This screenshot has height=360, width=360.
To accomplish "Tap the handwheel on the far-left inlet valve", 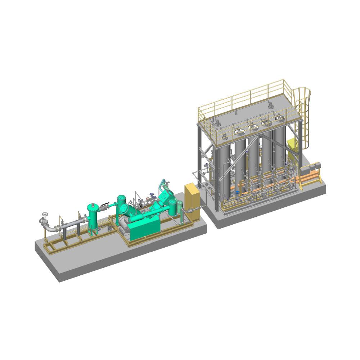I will (x=45, y=215).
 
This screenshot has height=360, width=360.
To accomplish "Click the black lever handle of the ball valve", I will (x=105, y=206).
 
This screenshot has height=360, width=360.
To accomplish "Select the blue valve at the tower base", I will (x=238, y=192).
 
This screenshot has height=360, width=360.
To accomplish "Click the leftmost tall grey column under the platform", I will (x=225, y=169).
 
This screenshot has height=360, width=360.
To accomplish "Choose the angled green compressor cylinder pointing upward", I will (x=164, y=196).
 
